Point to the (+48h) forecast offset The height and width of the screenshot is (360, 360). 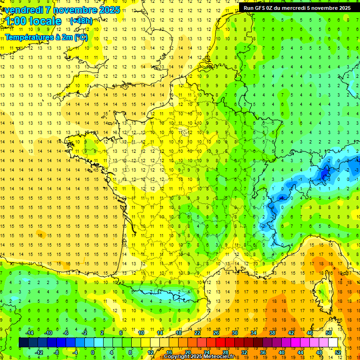click(x=81, y=21)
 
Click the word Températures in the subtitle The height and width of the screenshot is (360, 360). click(x=28, y=37)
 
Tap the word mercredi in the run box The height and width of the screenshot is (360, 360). click(x=305, y=8)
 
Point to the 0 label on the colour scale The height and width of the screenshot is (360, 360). click(x=93, y=352)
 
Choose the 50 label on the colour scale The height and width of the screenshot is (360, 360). click(x=329, y=333)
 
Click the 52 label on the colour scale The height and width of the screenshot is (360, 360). click(x=337, y=352)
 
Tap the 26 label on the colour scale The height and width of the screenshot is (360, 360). click(x=216, y=333)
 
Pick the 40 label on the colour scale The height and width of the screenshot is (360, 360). click(x=282, y=352)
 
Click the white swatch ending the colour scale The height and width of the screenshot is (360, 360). click(x=333, y=343)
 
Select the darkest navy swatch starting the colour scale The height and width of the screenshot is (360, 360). click(x=23, y=343)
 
